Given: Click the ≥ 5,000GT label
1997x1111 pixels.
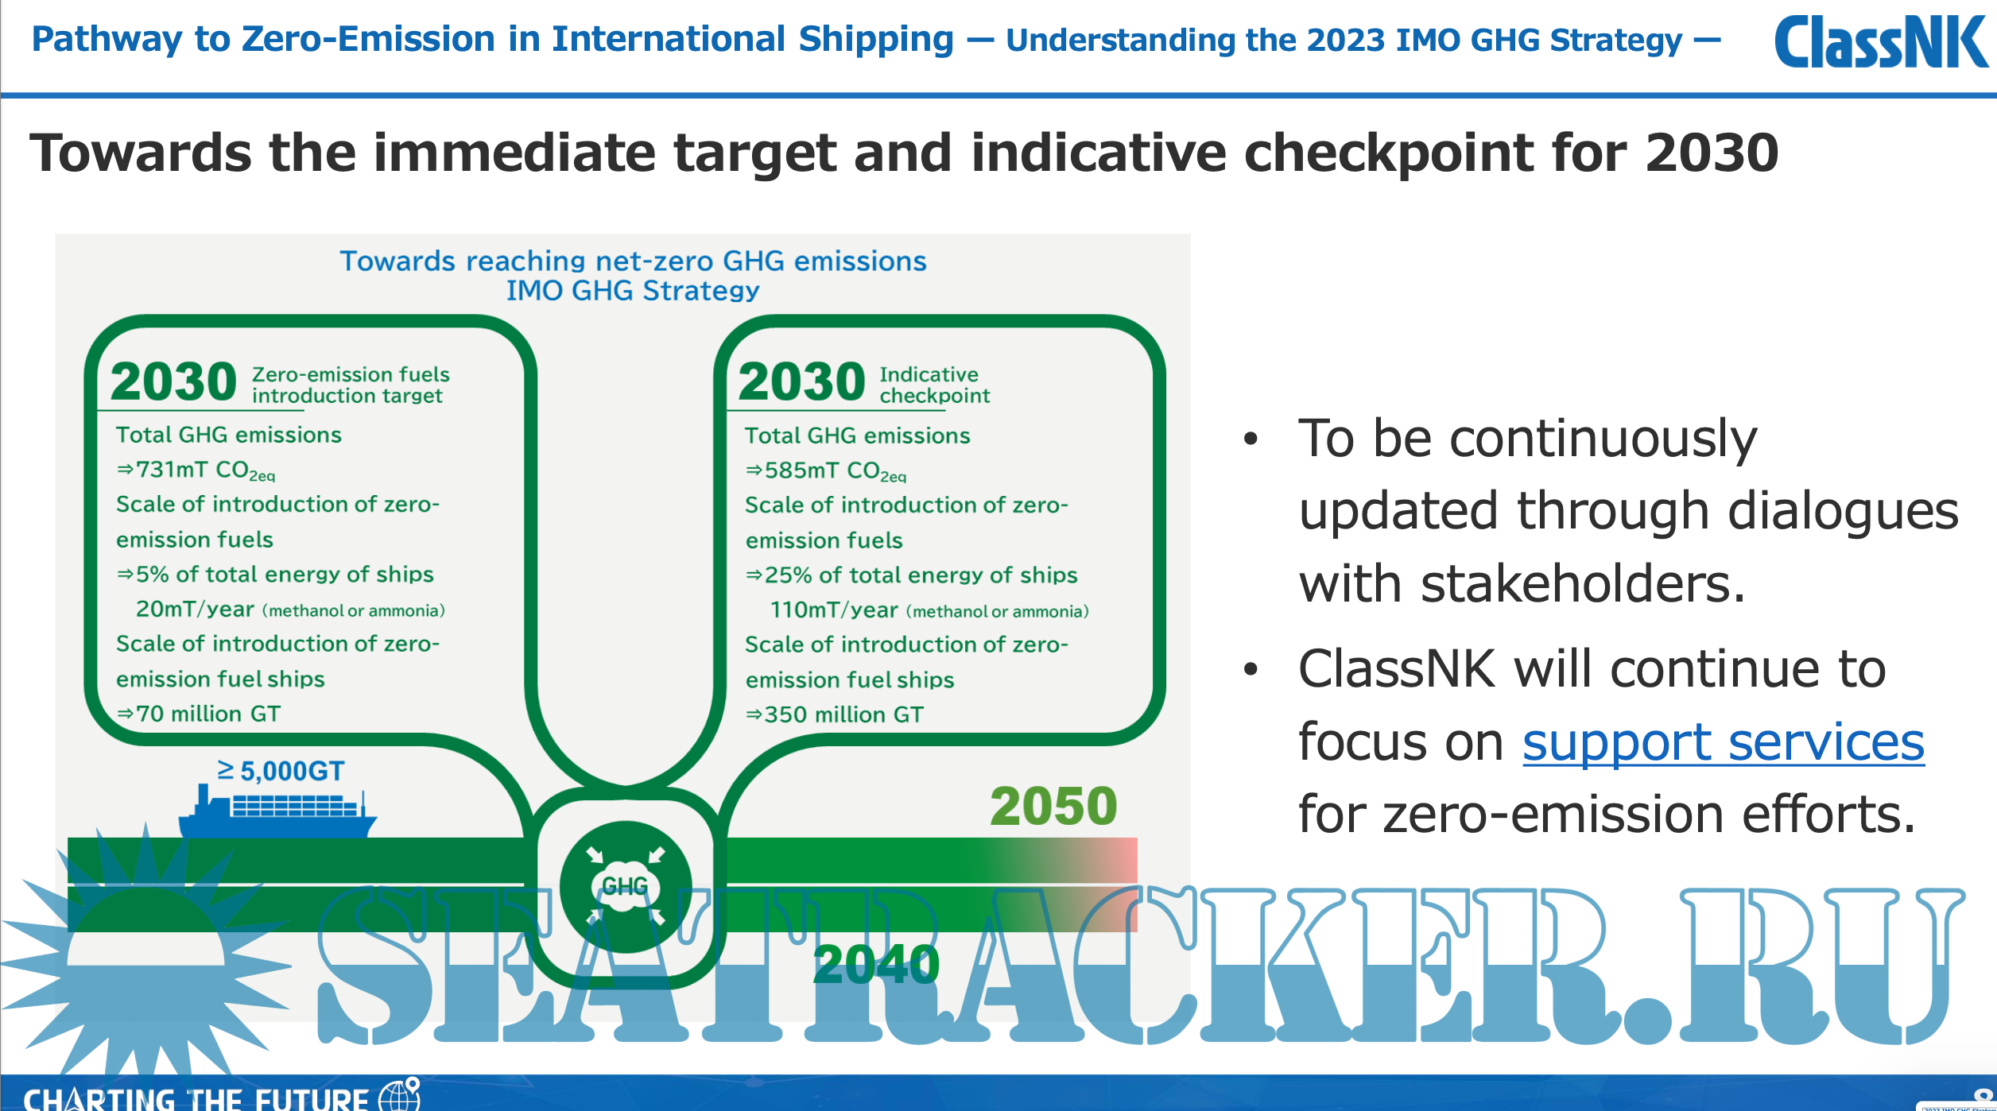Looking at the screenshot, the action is coord(281,771).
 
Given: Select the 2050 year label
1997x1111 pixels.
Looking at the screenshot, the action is coord(1053,806).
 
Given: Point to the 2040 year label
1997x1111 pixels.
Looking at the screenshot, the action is coord(876,964).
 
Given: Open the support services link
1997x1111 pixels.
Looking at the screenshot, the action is coord(1724,742).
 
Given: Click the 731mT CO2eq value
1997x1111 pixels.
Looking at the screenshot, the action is coord(205,470).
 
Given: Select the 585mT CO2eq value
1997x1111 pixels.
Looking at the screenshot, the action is coord(835,471).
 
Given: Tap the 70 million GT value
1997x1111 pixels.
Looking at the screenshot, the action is coord(207,714).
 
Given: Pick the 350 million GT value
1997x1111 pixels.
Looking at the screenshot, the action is coord(843,714).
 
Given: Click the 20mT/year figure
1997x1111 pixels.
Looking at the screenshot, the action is coord(195,610).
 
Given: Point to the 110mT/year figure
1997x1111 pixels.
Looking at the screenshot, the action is coord(834,610).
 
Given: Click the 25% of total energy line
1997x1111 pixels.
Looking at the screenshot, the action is coord(921,575).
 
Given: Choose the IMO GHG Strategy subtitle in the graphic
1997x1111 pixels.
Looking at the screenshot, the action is coord(633,291).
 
